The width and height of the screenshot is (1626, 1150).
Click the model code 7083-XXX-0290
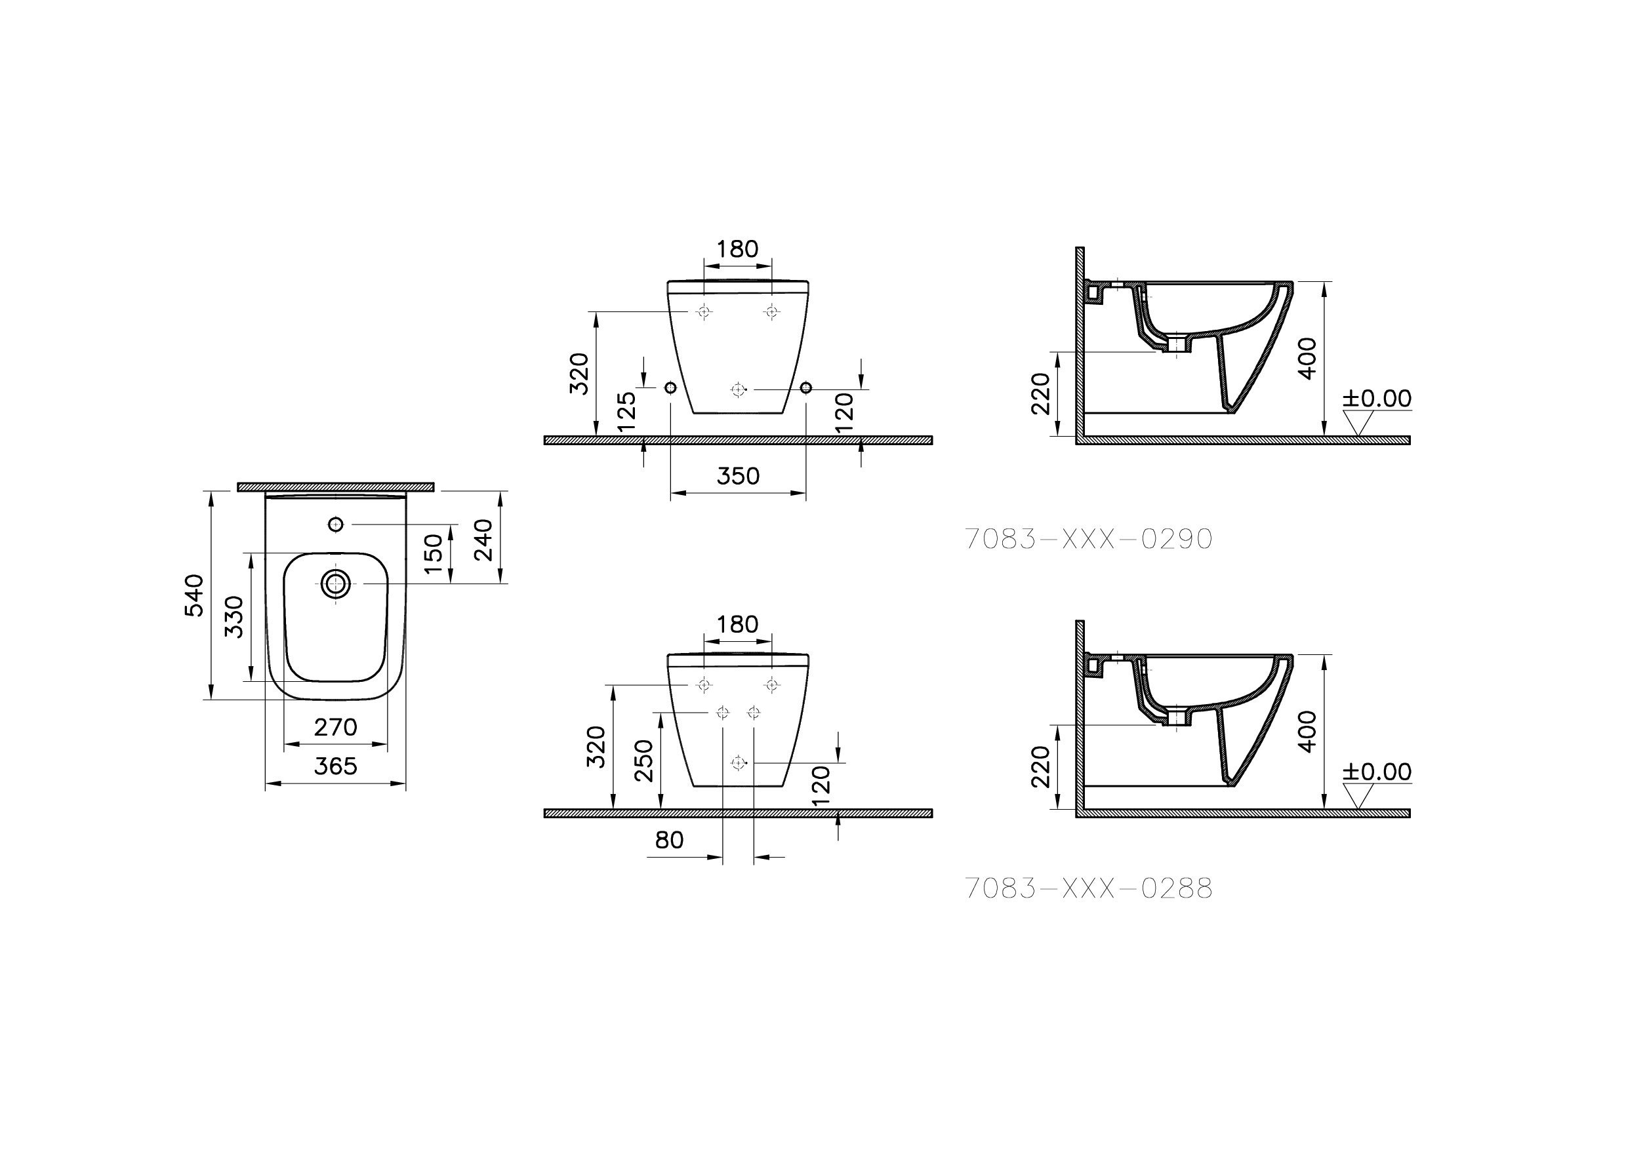tap(1088, 540)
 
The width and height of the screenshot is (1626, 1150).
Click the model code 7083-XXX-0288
tap(1088, 888)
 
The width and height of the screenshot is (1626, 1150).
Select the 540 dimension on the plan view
tap(195, 595)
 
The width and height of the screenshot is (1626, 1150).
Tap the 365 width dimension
tap(335, 766)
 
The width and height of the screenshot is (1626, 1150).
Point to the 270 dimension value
tap(335, 726)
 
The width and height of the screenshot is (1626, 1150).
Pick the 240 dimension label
tap(483, 540)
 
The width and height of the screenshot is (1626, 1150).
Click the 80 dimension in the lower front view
tap(669, 841)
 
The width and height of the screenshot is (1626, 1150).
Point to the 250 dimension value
tap(643, 761)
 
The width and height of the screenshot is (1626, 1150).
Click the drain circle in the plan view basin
tap(336, 584)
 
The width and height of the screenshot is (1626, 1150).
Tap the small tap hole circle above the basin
tap(336, 524)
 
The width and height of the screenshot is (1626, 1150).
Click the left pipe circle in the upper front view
tap(670, 388)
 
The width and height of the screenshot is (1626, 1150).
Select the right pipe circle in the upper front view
tap(805, 388)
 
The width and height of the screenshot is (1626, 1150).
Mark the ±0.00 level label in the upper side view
tap(1377, 398)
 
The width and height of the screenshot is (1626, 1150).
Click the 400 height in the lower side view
tap(1308, 732)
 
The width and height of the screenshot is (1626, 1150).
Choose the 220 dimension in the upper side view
tap(1040, 394)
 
